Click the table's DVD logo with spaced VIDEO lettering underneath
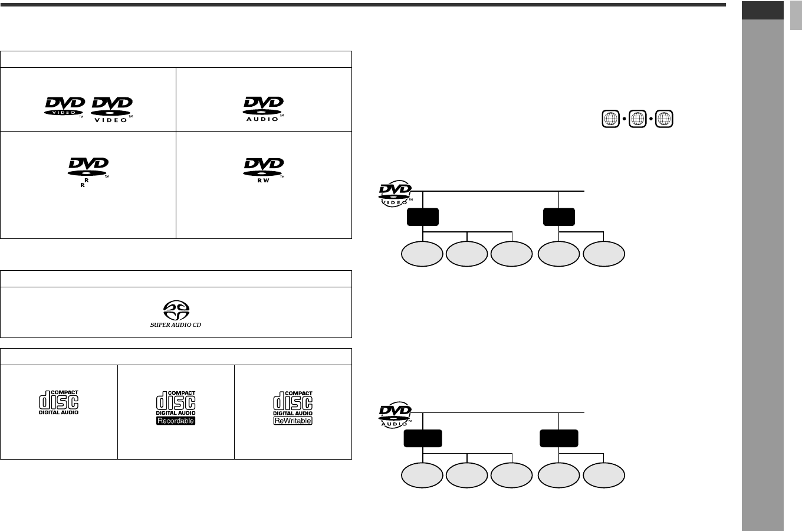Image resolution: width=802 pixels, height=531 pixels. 112,110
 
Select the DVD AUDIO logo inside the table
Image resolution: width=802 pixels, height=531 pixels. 264,108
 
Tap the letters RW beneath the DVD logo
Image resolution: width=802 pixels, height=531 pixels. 264,180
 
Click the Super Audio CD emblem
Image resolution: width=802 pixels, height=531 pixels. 175,311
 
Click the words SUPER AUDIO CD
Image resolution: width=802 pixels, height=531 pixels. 175,325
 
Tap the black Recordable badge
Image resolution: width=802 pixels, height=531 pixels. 175,421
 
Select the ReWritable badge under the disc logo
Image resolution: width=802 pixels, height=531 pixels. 292,421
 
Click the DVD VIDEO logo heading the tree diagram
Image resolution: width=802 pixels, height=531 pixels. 395,195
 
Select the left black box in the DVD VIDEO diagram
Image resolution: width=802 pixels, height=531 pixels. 423,217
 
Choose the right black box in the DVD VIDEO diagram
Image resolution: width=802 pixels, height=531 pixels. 558,217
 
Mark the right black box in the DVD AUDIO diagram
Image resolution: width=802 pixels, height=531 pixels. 558,438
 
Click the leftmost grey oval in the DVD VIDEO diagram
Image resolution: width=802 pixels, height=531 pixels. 422,254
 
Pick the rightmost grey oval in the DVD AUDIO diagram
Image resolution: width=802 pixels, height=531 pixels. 604,476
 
